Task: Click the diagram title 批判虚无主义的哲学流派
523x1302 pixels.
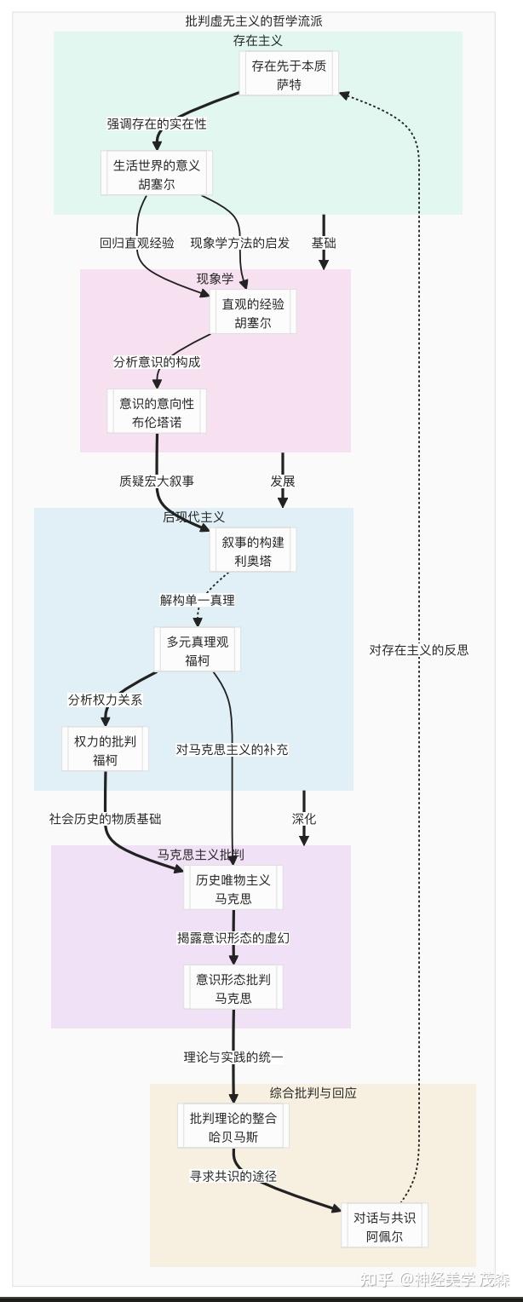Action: [254, 21]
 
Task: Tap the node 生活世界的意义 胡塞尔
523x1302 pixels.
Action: [156, 174]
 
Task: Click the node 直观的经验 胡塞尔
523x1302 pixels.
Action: [253, 314]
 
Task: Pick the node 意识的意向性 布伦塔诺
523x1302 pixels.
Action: [157, 412]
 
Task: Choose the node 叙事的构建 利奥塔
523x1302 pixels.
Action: [253, 551]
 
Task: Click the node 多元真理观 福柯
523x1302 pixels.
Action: [198, 651]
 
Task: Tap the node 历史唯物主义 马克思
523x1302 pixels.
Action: [233, 889]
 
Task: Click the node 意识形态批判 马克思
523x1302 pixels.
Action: [233, 988]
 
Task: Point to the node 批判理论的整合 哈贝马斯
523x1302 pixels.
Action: [233, 1127]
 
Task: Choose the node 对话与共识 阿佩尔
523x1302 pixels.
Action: [383, 1226]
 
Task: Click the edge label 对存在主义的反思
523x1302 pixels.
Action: [419, 650]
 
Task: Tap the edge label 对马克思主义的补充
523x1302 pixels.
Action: [233, 750]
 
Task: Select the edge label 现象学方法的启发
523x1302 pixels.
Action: [239, 243]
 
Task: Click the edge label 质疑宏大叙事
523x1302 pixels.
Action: [157, 481]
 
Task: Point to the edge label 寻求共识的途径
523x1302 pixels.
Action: [233, 1176]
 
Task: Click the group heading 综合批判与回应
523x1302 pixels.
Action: [313, 1093]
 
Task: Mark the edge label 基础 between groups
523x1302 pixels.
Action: [324, 243]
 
